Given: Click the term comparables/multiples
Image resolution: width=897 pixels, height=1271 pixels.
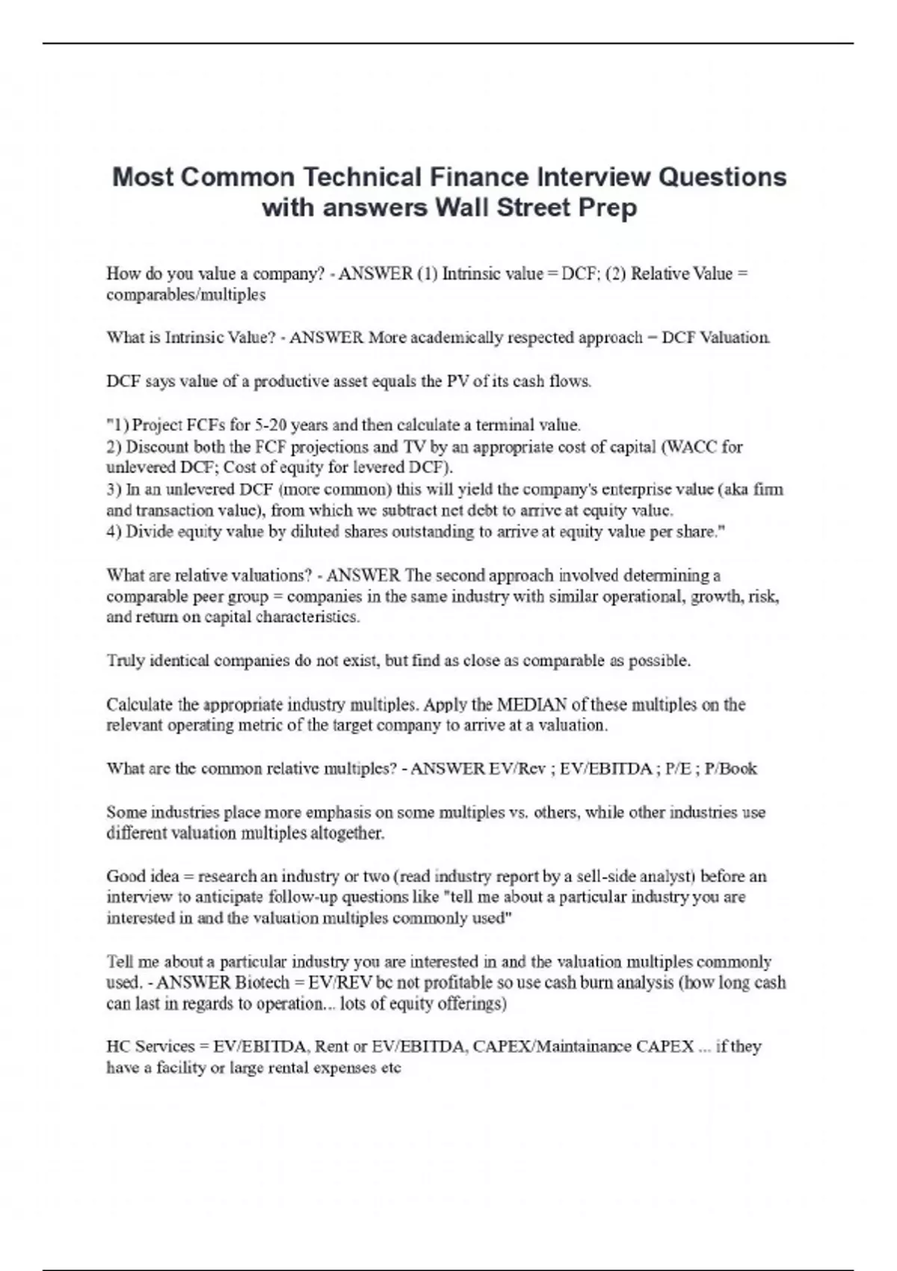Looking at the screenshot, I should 185,295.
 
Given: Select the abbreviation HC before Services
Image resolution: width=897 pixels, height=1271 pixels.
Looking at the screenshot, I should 118,1047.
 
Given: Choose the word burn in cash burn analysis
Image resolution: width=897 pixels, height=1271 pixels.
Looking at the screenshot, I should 597,982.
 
